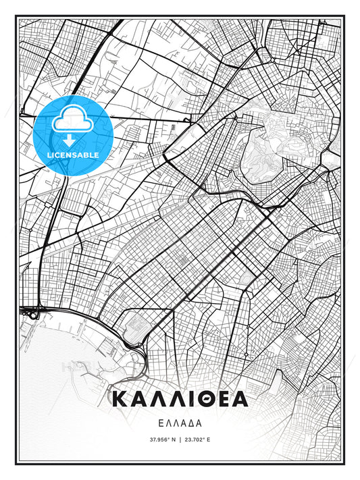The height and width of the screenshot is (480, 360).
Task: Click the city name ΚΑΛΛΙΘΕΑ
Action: (x=180, y=399)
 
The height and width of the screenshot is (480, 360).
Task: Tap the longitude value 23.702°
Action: (x=197, y=439)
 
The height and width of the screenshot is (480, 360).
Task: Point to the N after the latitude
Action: (x=173, y=439)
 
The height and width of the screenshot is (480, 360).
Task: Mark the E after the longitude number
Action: (x=209, y=439)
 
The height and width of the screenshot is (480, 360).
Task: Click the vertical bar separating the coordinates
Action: (x=180, y=439)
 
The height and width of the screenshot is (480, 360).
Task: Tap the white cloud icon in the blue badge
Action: (x=72, y=122)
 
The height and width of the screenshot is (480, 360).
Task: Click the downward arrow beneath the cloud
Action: (x=72, y=140)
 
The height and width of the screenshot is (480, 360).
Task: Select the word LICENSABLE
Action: (x=72, y=155)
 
